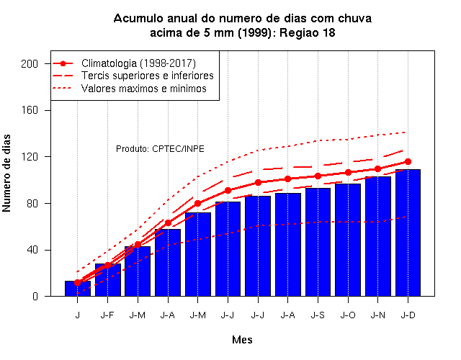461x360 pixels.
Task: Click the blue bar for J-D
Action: pos(408,233)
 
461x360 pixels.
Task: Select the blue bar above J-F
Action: pos(107,280)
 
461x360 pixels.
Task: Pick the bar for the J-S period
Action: pos(318,242)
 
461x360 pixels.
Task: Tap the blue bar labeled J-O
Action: pos(348,240)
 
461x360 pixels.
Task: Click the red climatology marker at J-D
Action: pos(408,161)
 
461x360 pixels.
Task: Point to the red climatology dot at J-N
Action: pos(377,169)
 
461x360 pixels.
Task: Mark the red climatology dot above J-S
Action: pos(318,176)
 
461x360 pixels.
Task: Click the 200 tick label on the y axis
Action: pos(30,64)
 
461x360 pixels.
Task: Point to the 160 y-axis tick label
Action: pos(30,110)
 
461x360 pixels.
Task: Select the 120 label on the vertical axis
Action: pos(30,157)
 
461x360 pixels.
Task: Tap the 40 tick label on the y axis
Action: pos(32,250)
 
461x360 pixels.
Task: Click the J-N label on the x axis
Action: pos(377,315)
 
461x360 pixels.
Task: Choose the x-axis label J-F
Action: pos(107,315)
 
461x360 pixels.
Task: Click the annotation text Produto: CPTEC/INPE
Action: pos(160,149)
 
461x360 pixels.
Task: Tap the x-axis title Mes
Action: pos(242,340)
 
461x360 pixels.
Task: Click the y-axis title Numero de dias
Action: pos(6,173)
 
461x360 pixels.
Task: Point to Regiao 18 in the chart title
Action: pos(308,32)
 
